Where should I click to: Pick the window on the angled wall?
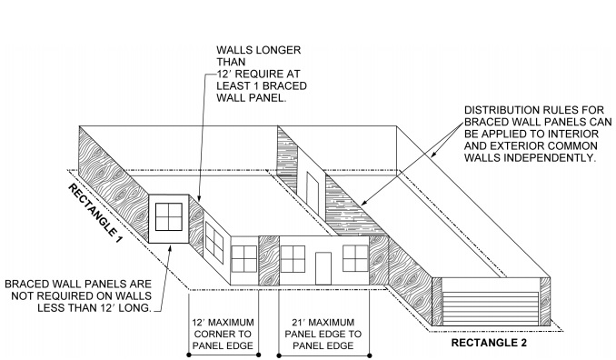click(x=214, y=240)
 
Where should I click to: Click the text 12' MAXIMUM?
click(x=224, y=323)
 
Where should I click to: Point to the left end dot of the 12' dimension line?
click(x=189, y=353)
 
